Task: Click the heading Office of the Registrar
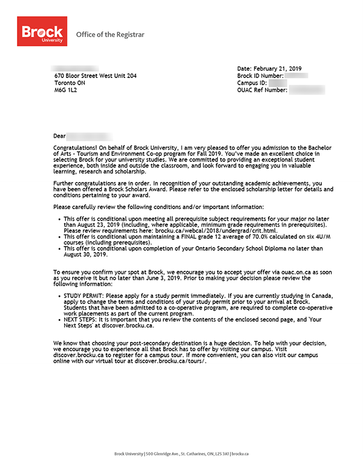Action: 110,34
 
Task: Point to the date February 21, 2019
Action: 283,68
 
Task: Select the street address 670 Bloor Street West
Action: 95,76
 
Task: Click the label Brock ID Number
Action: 260,76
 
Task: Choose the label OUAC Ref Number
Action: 262,90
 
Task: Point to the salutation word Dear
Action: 59,137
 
